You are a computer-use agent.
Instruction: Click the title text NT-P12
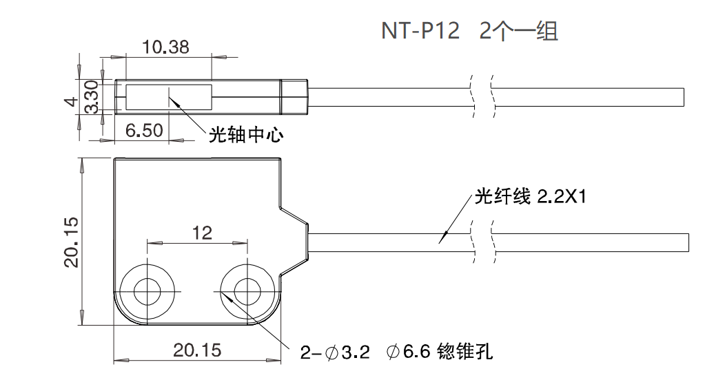420,32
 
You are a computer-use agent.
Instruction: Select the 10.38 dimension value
165,47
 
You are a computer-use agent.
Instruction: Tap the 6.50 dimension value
144,131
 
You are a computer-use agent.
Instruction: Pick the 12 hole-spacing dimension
201,233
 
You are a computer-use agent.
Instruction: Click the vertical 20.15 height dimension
70,242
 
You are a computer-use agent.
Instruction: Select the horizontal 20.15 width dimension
197,350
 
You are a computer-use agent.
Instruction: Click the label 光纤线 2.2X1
529,198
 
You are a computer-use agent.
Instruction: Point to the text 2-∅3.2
335,353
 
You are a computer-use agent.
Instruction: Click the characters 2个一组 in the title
518,32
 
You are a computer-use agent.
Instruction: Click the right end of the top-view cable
683,97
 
